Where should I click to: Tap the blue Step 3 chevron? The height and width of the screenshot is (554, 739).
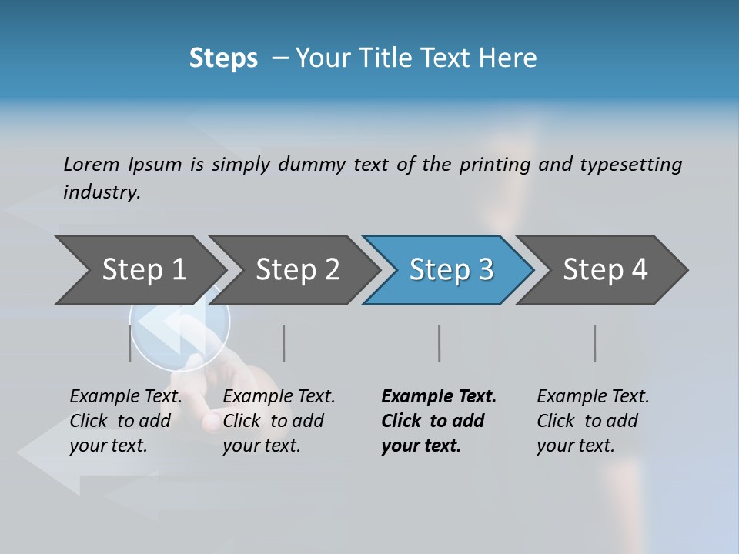(x=451, y=269)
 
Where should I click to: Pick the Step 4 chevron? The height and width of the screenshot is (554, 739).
(x=605, y=269)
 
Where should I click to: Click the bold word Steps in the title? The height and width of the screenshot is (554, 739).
(x=223, y=58)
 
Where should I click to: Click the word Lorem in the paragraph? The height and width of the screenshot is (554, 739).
(x=92, y=164)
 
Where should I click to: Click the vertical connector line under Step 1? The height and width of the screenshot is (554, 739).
(x=129, y=343)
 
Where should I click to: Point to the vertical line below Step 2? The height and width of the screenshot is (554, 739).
(x=283, y=343)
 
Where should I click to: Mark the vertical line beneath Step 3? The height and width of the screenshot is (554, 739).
(x=439, y=343)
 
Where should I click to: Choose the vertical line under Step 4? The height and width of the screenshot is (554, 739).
(x=594, y=343)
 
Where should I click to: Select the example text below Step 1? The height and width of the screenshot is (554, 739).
(x=125, y=421)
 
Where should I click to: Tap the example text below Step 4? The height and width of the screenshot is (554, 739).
(x=593, y=421)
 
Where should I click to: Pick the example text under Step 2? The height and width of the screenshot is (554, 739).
(x=279, y=421)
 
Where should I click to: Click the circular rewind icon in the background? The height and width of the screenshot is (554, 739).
(x=180, y=327)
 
